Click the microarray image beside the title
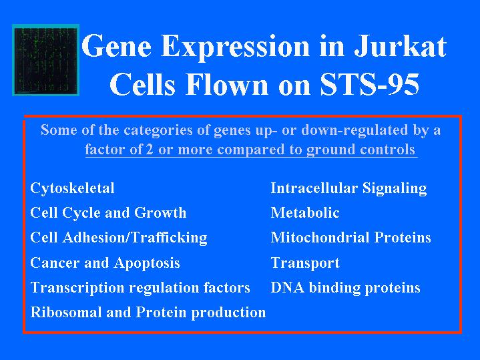(x=45, y=60)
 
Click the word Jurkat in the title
(x=400, y=47)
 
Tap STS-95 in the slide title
(x=369, y=84)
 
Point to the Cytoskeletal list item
(x=72, y=188)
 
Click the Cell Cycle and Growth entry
(x=108, y=212)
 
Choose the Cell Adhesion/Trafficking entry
(x=119, y=238)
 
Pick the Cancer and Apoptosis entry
(x=105, y=263)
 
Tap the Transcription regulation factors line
(x=140, y=288)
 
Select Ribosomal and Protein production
(x=148, y=313)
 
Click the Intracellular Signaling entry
(x=348, y=188)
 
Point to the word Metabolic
(x=305, y=212)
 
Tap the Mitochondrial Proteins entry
(x=350, y=238)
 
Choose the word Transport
(x=305, y=263)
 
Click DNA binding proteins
(x=346, y=288)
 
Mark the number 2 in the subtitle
(x=150, y=150)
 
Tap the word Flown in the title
(x=227, y=84)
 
